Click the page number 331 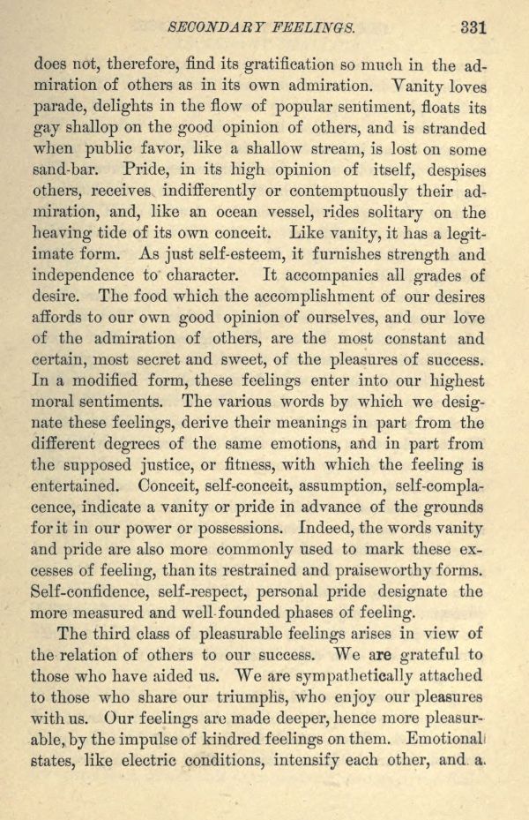(473, 26)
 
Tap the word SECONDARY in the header (224, 27)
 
